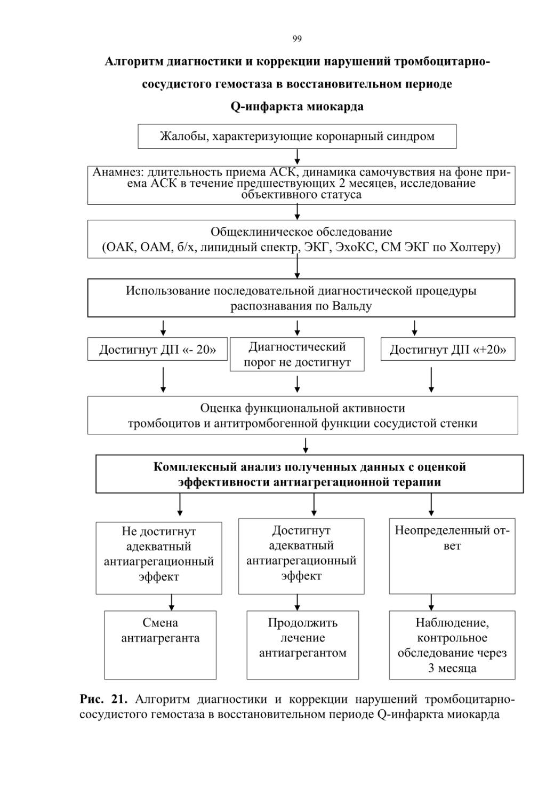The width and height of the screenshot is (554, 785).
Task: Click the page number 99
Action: [x=297, y=38]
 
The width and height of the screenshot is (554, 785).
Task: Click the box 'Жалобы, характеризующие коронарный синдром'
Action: [x=297, y=136]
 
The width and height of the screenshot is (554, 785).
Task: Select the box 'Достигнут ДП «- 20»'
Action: [x=158, y=349]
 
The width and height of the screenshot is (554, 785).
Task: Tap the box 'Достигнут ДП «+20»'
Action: [x=448, y=349]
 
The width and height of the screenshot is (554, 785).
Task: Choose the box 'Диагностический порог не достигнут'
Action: [x=297, y=354]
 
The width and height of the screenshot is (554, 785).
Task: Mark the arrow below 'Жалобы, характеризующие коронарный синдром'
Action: [x=297, y=157]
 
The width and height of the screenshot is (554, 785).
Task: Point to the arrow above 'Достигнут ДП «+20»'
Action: [x=415, y=328]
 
